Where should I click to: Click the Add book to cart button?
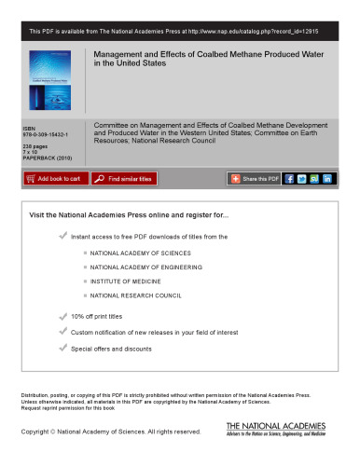click(54, 178)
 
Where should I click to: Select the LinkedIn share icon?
click(327, 178)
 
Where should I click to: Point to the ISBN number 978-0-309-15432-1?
click(43, 131)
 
